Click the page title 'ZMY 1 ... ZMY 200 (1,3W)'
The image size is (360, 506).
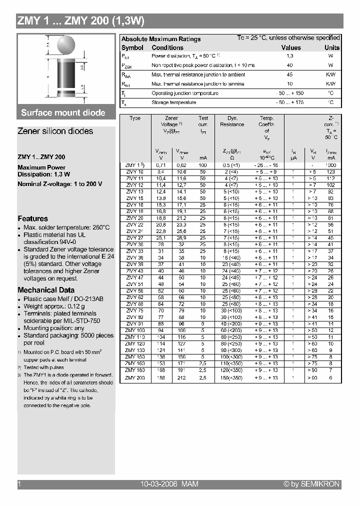click(x=81, y=21)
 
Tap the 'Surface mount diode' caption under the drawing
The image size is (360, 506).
click(x=63, y=112)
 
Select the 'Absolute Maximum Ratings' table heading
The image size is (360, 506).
click(x=161, y=39)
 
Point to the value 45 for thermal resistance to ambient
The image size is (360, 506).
click(x=290, y=74)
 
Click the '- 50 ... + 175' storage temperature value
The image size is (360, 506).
click(x=290, y=102)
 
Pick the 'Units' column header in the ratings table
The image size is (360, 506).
click(x=331, y=47)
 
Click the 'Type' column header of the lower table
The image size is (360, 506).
click(x=135, y=118)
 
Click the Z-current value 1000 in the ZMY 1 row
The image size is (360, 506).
click(x=331, y=165)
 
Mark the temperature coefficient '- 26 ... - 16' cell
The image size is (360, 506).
click(x=266, y=165)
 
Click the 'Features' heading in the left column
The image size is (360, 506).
click(x=32, y=218)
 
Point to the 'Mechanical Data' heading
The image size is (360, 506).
click(x=46, y=290)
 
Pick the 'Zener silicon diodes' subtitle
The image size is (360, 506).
click(x=55, y=131)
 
